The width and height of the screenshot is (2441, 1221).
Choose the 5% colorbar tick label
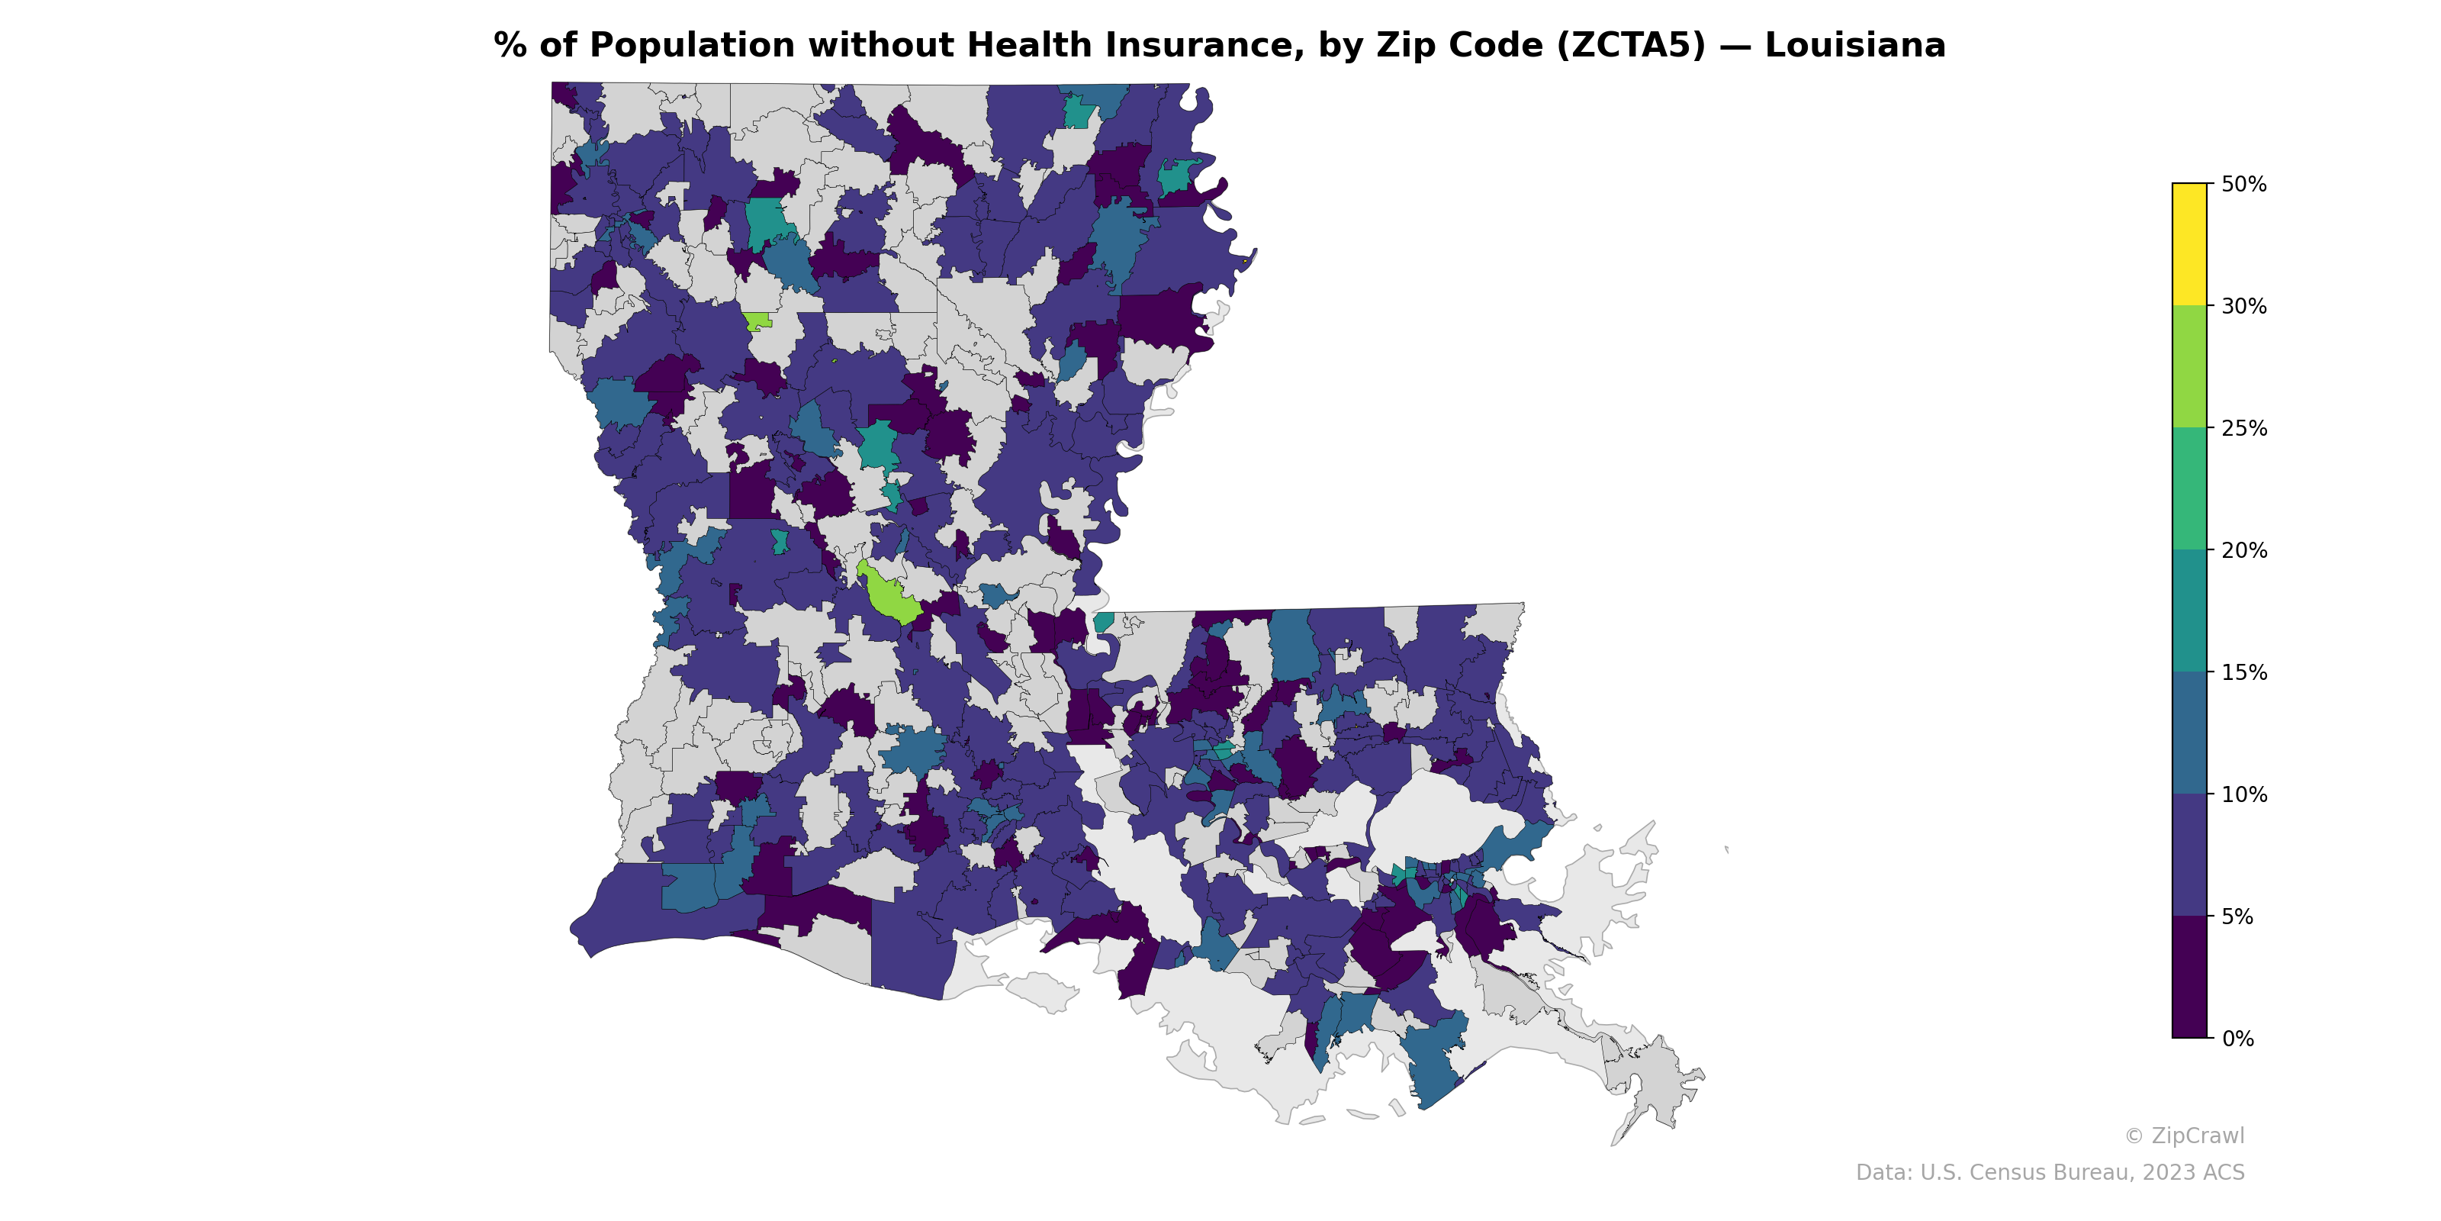point(2237,917)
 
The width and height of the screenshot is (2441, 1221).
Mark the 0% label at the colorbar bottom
point(2237,1039)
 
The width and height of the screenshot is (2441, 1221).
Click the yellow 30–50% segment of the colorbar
point(2189,243)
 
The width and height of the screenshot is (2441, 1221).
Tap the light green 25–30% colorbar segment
point(2189,367)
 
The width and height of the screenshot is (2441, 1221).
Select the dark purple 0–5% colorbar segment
point(2189,978)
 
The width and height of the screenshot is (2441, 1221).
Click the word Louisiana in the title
point(1854,46)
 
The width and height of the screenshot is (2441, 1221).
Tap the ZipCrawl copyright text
point(2183,1136)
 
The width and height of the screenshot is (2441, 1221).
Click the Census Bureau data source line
point(2049,1173)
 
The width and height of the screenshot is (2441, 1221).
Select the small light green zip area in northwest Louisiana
point(756,321)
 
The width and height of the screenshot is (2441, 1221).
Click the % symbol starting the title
point(510,46)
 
